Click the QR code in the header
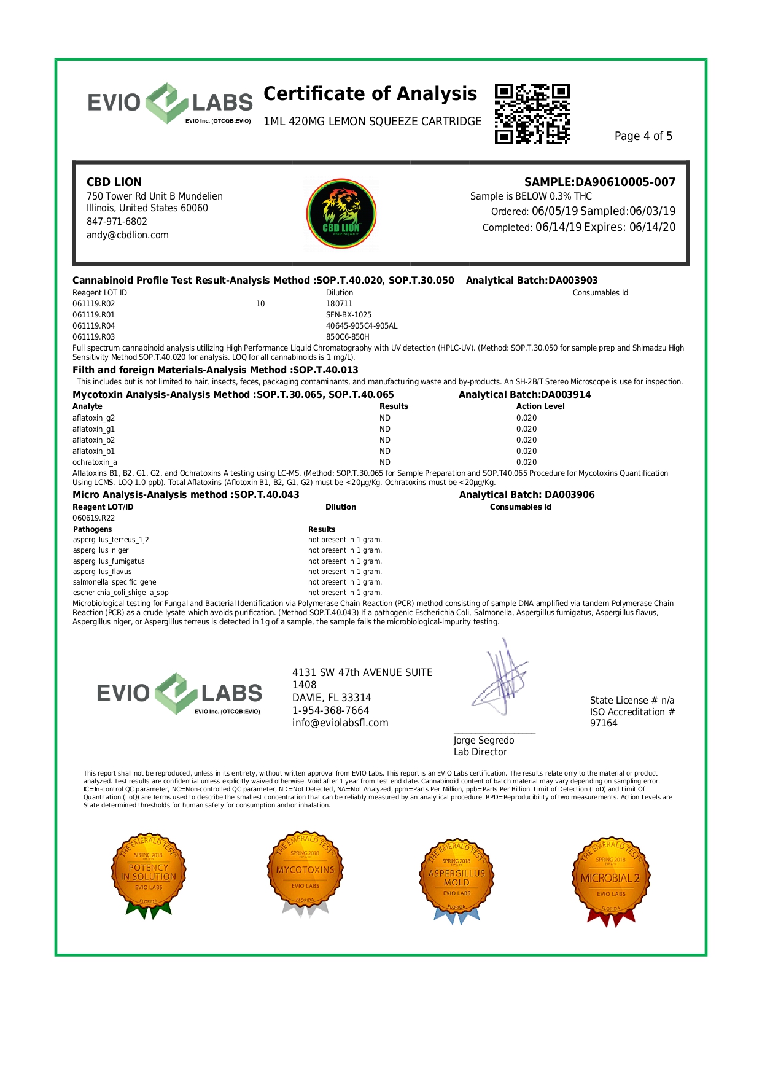[x=532, y=114]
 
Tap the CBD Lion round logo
[x=341, y=213]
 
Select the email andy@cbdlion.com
[x=128, y=235]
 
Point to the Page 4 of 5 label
[x=643, y=136]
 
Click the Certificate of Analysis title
[x=370, y=94]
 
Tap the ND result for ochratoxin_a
[x=385, y=462]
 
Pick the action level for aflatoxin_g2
[x=526, y=418]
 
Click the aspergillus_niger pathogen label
[x=101, y=551]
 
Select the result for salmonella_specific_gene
[x=344, y=582]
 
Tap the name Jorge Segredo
[x=484, y=741]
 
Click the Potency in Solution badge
[x=148, y=874]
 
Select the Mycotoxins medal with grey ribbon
[x=305, y=873]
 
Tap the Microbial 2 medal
[x=610, y=879]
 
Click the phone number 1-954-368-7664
[x=330, y=710]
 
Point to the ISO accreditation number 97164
[x=604, y=723]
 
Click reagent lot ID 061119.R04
[x=94, y=326]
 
